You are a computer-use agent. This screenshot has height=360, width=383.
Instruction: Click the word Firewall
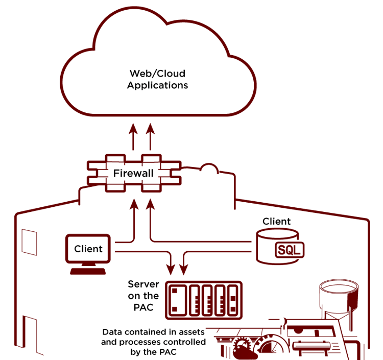pyautogui.click(x=133, y=174)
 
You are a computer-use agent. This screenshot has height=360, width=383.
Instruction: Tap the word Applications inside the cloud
pyautogui.click(x=157, y=85)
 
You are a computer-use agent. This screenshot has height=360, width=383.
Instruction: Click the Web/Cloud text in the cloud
pyautogui.click(x=157, y=74)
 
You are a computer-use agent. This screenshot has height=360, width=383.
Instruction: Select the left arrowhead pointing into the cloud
pyautogui.click(x=133, y=128)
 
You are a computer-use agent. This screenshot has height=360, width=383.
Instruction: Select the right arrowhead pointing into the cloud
pyautogui.click(x=150, y=128)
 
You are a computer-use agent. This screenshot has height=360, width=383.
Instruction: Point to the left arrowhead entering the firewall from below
pyautogui.click(x=134, y=204)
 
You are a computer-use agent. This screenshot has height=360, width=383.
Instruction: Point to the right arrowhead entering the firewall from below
pyautogui.click(x=150, y=204)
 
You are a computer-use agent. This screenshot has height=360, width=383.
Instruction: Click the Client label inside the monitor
pyautogui.click(x=88, y=249)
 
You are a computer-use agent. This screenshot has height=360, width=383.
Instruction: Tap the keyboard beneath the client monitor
pyautogui.click(x=89, y=271)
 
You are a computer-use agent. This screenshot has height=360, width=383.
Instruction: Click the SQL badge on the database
pyautogui.click(x=289, y=250)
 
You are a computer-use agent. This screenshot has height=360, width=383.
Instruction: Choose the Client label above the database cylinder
pyautogui.click(x=276, y=222)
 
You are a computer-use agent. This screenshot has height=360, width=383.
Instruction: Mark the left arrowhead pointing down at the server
pyautogui.click(x=171, y=269)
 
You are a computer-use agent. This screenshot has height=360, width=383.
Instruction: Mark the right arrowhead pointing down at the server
pyautogui.click(x=184, y=269)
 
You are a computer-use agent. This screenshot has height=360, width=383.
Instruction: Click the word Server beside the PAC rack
pyautogui.click(x=143, y=284)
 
